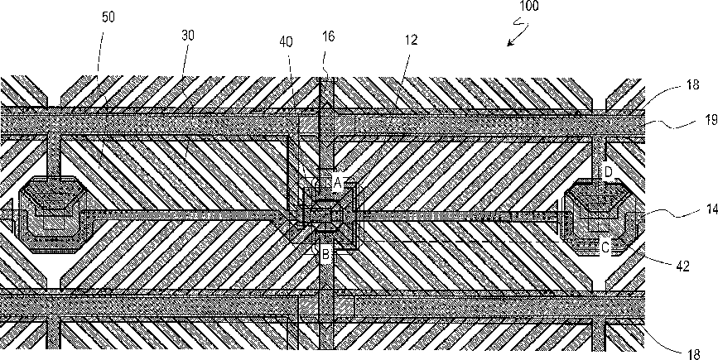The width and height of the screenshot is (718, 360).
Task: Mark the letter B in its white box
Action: click(x=325, y=255)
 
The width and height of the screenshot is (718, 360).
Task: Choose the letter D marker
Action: click(x=607, y=172)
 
